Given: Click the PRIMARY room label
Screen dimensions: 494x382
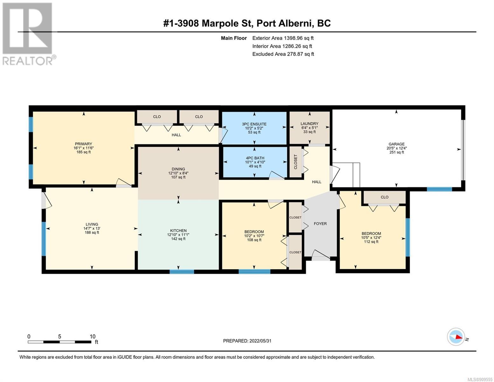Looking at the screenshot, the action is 83,144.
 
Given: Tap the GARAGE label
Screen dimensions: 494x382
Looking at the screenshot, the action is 396,144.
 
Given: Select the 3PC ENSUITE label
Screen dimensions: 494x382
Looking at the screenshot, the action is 254,124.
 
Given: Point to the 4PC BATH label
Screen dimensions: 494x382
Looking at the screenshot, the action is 255,158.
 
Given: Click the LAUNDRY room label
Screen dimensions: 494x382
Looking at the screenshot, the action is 309,124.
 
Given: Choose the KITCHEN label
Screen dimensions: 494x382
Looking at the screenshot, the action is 178,230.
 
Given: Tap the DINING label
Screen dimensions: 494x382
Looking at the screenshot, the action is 178,169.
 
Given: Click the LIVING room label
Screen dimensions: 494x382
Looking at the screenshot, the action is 92,224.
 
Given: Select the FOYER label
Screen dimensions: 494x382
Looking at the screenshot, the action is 320,224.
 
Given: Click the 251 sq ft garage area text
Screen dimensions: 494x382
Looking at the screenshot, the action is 396,152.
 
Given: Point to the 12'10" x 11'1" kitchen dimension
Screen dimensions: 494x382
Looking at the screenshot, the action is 178,235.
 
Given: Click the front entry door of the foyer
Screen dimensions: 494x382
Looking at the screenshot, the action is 321,255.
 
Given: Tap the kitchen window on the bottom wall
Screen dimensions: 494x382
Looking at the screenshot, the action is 182,272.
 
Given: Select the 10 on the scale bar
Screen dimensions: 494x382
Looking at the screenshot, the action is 93,336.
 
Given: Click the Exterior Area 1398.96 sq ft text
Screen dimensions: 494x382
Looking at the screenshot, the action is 283,38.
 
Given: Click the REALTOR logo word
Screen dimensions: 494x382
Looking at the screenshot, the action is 27,61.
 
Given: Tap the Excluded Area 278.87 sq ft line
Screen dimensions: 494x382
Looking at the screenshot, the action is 283,54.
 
